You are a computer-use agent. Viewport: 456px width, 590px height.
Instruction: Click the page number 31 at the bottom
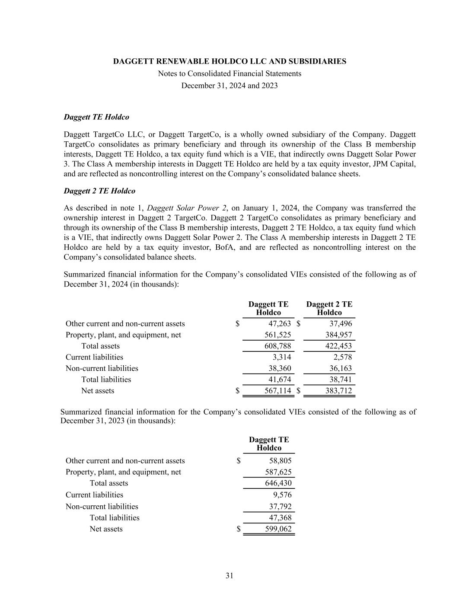(229, 575)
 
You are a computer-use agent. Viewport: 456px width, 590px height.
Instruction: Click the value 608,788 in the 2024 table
(277, 346)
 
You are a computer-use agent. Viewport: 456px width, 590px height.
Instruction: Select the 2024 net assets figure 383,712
(338, 391)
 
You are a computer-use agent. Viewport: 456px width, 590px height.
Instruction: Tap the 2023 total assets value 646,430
(278, 483)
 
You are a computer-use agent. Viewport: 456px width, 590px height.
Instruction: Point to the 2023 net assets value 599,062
(278, 529)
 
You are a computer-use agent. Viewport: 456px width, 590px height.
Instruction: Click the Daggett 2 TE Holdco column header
(329, 308)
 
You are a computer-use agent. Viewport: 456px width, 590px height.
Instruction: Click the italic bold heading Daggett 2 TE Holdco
(99, 191)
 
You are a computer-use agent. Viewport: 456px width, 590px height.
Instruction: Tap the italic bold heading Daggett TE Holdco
(96, 117)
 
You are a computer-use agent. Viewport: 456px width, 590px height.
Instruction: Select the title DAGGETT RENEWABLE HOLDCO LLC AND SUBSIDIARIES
(230, 61)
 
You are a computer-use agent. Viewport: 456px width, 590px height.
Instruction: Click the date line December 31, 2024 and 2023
(230, 86)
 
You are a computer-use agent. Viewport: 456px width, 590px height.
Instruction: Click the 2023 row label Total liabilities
(115, 517)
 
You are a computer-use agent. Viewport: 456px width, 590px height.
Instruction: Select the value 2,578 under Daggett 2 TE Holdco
(343, 357)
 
